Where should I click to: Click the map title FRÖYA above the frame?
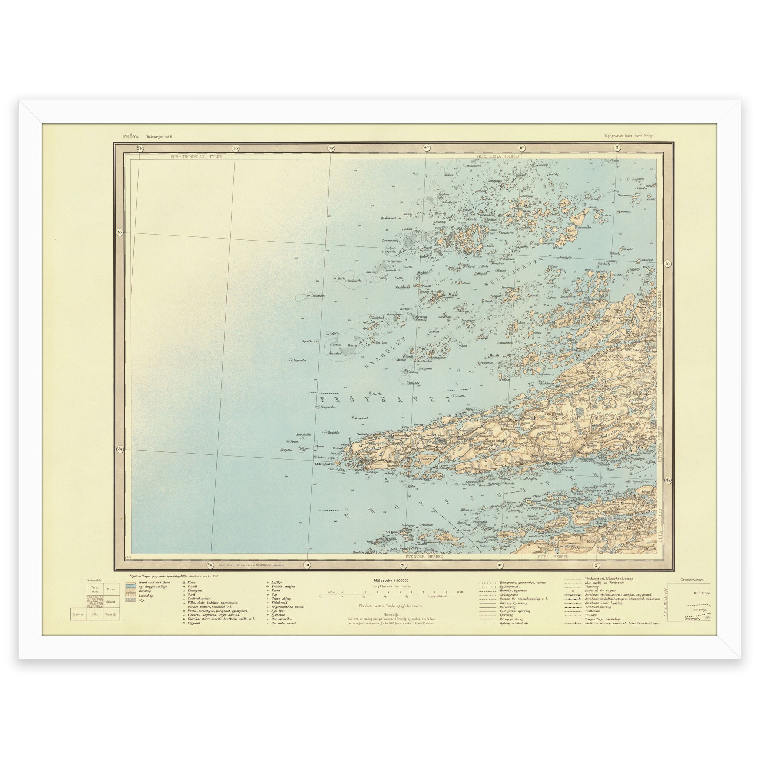point(118,137)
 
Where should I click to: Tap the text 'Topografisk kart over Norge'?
point(629,137)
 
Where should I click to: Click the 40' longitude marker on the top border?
point(235,149)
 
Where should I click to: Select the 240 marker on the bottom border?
point(211,565)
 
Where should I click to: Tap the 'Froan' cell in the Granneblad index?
point(111,589)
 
